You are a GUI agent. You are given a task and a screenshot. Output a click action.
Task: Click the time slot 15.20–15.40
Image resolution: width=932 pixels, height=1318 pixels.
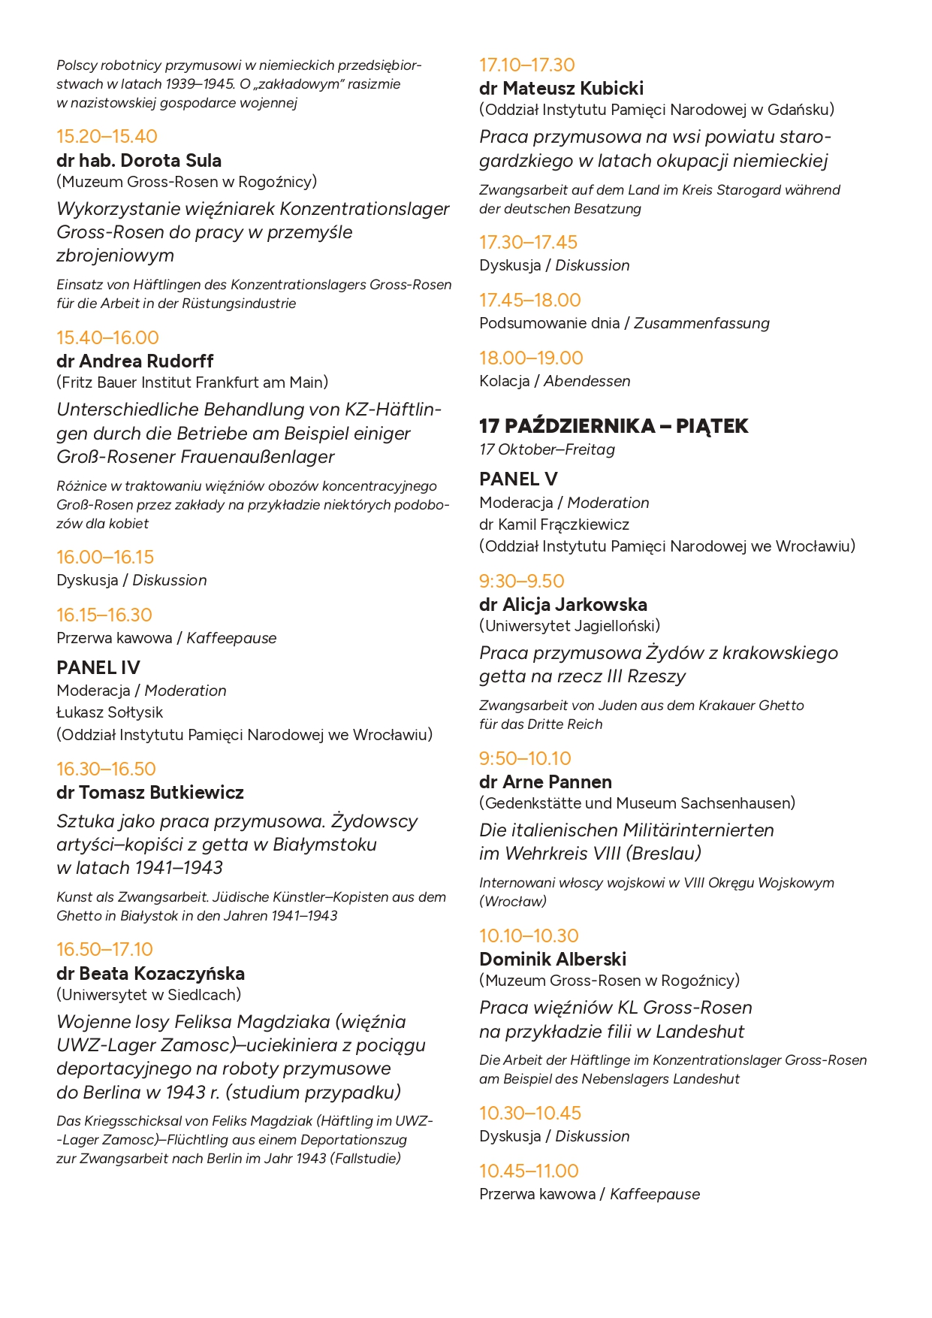pyautogui.click(x=107, y=137)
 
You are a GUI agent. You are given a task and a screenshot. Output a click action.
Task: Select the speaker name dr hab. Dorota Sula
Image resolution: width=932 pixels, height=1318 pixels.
pyautogui.click(x=139, y=160)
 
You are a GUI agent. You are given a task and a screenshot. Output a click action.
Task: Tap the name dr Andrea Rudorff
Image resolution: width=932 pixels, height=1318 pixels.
pyautogui.click(x=135, y=361)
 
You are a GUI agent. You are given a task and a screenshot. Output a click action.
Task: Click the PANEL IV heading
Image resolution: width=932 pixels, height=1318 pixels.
pyautogui.click(x=98, y=667)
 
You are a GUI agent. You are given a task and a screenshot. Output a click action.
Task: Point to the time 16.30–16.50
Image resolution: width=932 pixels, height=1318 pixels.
pyautogui.click(x=106, y=769)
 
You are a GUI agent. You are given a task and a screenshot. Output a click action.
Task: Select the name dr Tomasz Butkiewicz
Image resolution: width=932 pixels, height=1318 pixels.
pyautogui.click(x=150, y=792)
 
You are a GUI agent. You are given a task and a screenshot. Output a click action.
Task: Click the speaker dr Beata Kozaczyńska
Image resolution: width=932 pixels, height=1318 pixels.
pyautogui.click(x=150, y=973)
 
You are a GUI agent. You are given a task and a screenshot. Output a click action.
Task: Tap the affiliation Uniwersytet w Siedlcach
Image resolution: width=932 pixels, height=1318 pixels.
pyautogui.click(x=149, y=994)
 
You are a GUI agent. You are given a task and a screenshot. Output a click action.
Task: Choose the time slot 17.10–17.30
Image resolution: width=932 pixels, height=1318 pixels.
pyautogui.click(x=527, y=65)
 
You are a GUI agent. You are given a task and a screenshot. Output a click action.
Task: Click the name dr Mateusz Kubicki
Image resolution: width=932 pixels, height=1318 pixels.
pyautogui.click(x=561, y=88)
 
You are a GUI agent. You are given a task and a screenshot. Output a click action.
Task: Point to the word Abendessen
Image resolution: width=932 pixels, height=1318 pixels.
pyautogui.click(x=587, y=381)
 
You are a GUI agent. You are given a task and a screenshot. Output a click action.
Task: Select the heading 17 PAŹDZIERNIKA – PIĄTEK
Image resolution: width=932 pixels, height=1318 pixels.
pyautogui.click(x=614, y=426)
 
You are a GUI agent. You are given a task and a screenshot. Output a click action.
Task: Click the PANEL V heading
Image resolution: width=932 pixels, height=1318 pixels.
pyautogui.click(x=518, y=479)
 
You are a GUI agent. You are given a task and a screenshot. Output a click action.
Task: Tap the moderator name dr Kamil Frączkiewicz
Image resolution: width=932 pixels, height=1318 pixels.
pyautogui.click(x=554, y=524)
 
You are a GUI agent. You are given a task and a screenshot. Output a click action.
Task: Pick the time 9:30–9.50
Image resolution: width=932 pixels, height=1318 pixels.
pyautogui.click(x=522, y=581)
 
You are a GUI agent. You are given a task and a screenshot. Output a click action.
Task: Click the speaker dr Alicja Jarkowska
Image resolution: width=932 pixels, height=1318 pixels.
pyautogui.click(x=563, y=604)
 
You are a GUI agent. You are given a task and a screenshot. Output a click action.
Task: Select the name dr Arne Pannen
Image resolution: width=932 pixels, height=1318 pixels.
pyautogui.click(x=545, y=781)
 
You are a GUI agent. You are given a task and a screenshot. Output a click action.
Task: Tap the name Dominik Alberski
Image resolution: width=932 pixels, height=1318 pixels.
pyautogui.click(x=553, y=959)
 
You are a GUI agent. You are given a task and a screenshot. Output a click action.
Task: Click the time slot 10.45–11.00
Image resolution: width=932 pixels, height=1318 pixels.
pyautogui.click(x=529, y=1171)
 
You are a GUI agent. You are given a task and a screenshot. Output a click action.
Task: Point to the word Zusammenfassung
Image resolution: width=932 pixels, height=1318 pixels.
pyautogui.click(x=702, y=323)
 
